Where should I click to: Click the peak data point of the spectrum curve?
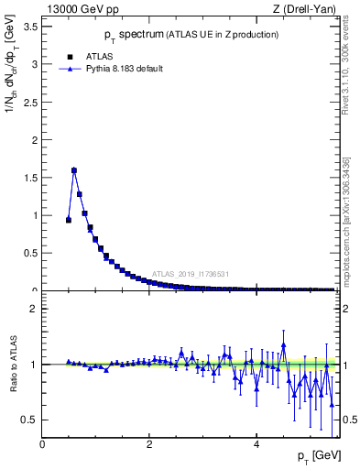pyautogui.click(x=74, y=170)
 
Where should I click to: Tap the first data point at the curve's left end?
pyautogui.click(x=69, y=220)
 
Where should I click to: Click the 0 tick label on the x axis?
pyautogui.click(x=43, y=444)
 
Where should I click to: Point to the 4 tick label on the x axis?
pyautogui.click(x=256, y=444)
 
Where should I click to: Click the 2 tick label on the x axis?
pyautogui.click(x=149, y=444)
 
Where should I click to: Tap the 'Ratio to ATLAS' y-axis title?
pyautogui.click(x=13, y=365)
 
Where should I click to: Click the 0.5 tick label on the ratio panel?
pyautogui.click(x=30, y=420)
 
